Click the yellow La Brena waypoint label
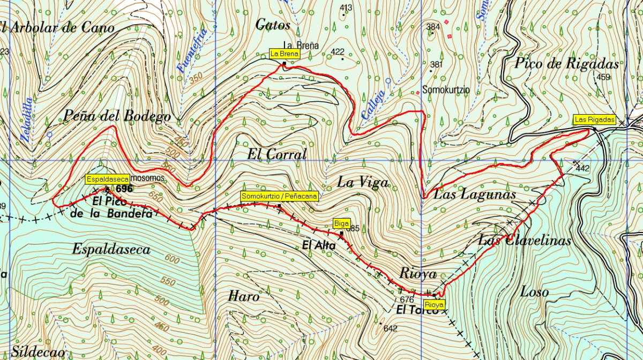click(284, 54)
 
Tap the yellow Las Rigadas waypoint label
click(594, 119)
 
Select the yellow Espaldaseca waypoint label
click(107, 179)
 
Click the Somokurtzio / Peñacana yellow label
click(280, 196)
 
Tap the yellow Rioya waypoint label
click(436, 304)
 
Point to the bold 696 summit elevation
click(124, 189)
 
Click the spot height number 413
click(346, 7)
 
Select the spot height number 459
click(603, 77)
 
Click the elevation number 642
click(391, 328)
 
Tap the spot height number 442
click(583, 169)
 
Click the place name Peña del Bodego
click(117, 116)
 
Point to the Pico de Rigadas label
click(567, 64)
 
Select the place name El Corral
click(276, 155)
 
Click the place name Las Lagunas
click(474, 194)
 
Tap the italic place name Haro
click(244, 296)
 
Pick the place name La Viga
click(362, 182)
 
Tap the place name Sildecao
click(39, 352)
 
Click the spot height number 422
click(338, 52)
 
